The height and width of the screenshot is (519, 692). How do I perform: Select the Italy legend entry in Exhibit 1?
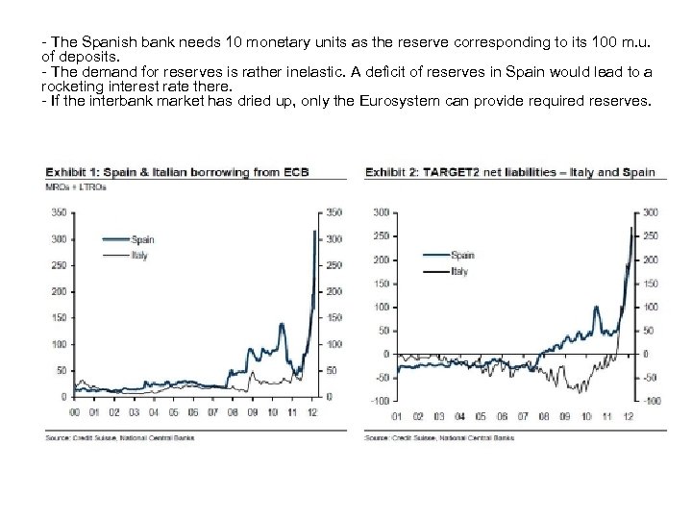coord(138,255)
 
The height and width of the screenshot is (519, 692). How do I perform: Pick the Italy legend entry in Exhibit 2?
coord(460,271)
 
